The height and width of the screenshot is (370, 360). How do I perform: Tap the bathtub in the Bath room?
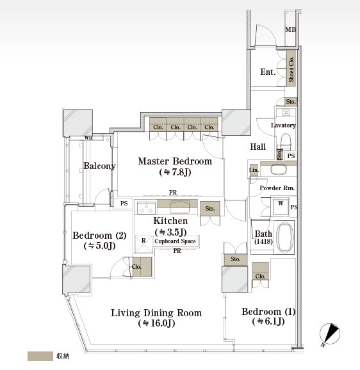[x=285, y=237]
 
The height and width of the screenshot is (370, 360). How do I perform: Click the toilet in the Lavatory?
[x=286, y=141]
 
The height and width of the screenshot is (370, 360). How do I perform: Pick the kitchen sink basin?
[x=179, y=207]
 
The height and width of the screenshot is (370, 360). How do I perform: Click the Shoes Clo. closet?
[x=291, y=69]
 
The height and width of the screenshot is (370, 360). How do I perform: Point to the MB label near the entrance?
[x=291, y=29]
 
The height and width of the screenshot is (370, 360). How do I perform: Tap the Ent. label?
[x=268, y=72]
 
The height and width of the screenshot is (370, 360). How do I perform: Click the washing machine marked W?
[x=281, y=207]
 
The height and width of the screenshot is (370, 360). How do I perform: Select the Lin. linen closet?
[x=254, y=170]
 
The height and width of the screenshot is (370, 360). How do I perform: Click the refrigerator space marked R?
[x=143, y=245]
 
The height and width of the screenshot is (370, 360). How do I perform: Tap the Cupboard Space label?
[x=175, y=241]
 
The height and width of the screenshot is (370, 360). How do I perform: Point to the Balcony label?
[x=99, y=166]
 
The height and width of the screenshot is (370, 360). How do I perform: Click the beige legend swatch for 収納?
[x=40, y=356]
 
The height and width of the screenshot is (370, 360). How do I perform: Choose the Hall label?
[x=258, y=147]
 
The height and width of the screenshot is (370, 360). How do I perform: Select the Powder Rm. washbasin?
[x=279, y=169]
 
